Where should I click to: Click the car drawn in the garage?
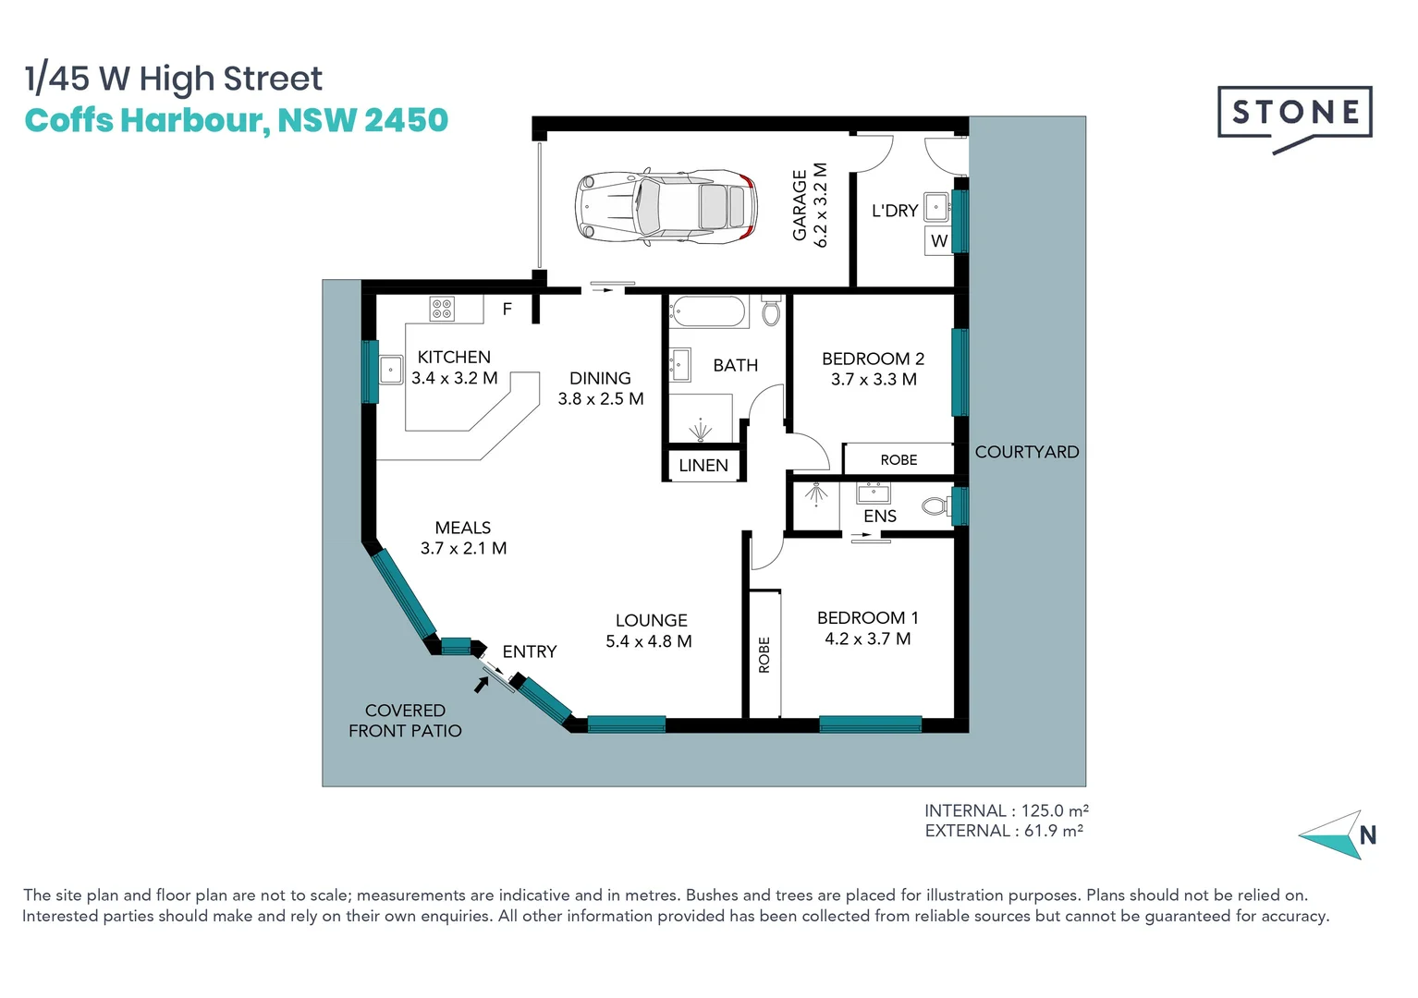(x=666, y=207)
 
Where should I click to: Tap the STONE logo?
(x=1294, y=114)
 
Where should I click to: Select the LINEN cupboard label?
(x=703, y=466)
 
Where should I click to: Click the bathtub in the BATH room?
(x=708, y=312)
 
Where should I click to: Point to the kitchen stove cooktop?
(x=442, y=309)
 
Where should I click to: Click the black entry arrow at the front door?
(x=481, y=685)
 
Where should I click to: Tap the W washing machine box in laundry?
(x=939, y=241)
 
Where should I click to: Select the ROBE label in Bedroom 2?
(x=898, y=459)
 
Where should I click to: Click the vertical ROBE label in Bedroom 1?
(x=764, y=654)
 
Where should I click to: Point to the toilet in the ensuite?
(x=935, y=506)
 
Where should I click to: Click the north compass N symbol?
(x=1367, y=835)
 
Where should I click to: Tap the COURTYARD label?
(x=1026, y=452)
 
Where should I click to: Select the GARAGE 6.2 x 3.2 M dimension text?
(x=810, y=206)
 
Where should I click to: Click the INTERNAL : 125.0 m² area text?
(x=1006, y=810)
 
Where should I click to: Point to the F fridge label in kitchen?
(x=507, y=310)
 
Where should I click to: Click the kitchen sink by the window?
(x=390, y=371)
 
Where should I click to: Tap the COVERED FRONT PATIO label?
(x=405, y=721)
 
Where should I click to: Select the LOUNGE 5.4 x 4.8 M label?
(x=650, y=631)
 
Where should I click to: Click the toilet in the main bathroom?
(x=771, y=311)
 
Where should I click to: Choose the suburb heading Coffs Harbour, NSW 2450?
(x=236, y=121)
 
